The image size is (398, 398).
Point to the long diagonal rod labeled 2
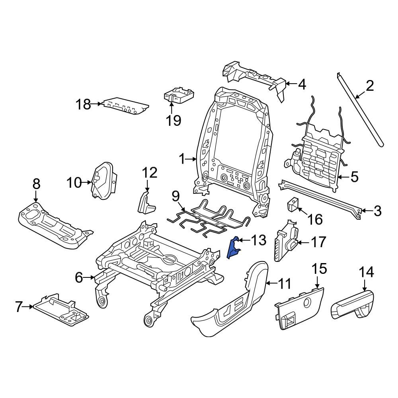[x=360, y=111]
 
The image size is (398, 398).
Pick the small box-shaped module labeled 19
[x=179, y=96]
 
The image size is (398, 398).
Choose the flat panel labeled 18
[x=125, y=107]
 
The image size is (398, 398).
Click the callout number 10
[x=74, y=183]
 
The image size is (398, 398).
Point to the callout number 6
[x=79, y=277]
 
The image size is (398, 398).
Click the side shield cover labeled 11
[x=231, y=302]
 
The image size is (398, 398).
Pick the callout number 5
[x=354, y=177]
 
